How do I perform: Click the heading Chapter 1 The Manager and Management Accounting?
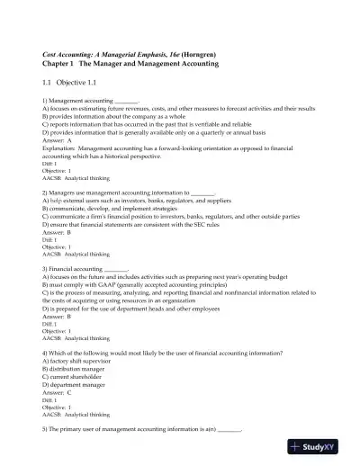[130, 65]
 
